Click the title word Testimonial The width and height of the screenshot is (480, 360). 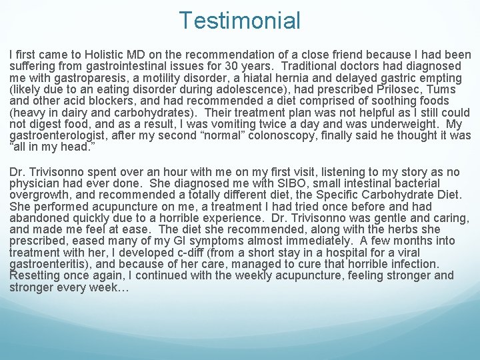[x=239, y=21]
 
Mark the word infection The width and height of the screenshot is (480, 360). [x=413, y=264]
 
